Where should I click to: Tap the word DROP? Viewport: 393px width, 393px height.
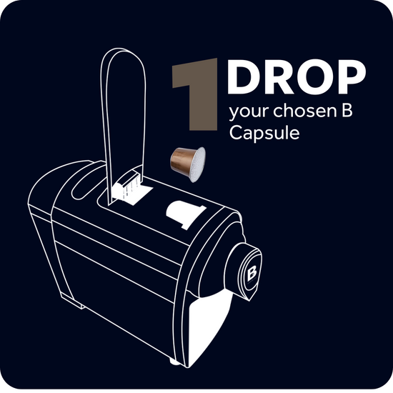coord(297,77)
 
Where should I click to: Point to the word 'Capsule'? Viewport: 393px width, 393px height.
coord(264,133)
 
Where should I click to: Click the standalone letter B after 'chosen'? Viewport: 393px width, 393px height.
coord(347,111)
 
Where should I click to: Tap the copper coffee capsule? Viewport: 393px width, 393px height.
coord(188,164)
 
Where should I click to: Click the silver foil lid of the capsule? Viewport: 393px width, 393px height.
coord(198,164)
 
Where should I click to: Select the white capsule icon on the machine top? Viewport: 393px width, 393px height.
coord(185,214)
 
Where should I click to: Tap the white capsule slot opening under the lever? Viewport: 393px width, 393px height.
coord(131,191)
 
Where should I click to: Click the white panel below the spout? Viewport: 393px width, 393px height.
coord(209,329)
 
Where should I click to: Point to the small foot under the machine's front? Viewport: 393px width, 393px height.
coord(173,362)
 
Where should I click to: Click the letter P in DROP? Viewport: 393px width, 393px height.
coord(353,77)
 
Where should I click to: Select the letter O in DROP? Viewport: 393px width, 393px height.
coord(317,77)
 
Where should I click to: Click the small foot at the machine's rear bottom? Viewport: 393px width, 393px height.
coord(75,302)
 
